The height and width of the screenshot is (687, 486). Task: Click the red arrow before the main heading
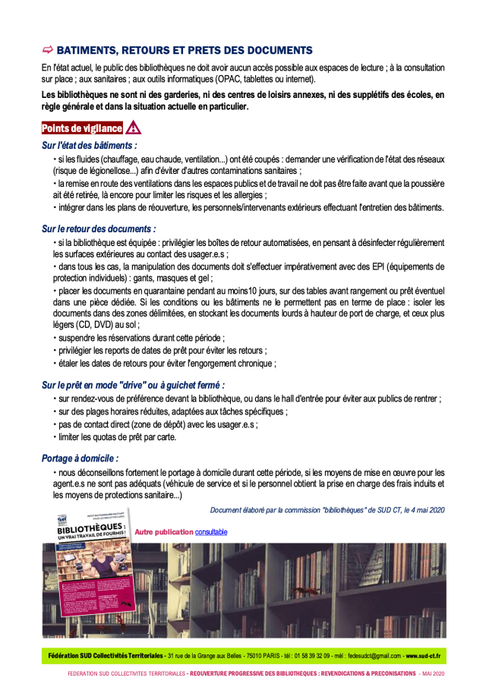[47, 50]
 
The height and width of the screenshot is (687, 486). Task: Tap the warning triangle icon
[133, 128]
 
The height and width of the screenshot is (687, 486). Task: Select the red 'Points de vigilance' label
[81, 128]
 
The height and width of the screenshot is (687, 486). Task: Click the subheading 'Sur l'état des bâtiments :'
[90, 144]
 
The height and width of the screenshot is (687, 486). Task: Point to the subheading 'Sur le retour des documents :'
[99, 228]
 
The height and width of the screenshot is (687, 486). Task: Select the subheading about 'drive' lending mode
[133, 385]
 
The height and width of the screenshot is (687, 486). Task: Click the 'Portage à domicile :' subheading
[80, 458]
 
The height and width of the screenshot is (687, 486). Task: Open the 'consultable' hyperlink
[211, 531]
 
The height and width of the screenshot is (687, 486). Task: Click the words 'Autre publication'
[163, 531]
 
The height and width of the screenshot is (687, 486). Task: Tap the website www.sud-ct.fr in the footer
[423, 655]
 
